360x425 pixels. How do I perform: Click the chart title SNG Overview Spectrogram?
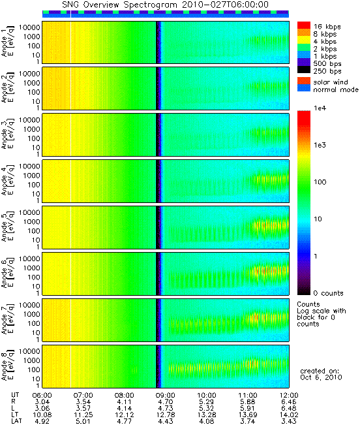point(119,5)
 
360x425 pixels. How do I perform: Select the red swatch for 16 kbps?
point(304,25)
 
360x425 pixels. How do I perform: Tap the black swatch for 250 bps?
point(304,70)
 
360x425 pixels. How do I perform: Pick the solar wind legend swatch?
point(304,81)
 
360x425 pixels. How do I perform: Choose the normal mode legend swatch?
point(304,88)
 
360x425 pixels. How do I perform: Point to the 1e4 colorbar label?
point(320,108)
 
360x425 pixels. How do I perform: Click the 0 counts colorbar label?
point(328,293)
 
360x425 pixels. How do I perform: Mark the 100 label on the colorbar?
point(320,182)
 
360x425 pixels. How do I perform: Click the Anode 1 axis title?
point(8,42)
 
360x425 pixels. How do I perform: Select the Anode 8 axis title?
point(8,366)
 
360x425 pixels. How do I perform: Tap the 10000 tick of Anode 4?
point(29,166)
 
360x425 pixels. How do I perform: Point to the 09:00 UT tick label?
point(166,396)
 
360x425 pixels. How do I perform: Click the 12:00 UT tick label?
point(289,396)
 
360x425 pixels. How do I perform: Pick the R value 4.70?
point(166,402)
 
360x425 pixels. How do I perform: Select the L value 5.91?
point(248,409)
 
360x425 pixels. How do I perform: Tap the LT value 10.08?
point(42,415)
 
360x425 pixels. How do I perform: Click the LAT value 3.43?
point(289,422)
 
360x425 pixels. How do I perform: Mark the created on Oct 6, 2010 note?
point(321,374)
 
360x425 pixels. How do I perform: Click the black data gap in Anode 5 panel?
point(158,227)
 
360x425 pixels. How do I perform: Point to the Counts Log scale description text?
point(322,314)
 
